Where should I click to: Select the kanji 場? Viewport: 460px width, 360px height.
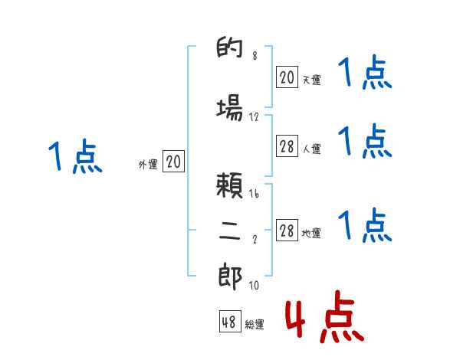pyautogui.click(x=229, y=109)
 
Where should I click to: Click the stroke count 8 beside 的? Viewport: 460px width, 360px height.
pyautogui.click(x=254, y=56)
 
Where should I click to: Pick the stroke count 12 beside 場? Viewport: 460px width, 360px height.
pyautogui.click(x=254, y=116)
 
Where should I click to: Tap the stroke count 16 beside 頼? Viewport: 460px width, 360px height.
pyautogui.click(x=254, y=195)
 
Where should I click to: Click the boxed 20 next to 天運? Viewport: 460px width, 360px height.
pyautogui.click(x=287, y=77)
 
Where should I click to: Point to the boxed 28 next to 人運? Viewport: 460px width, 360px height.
pyautogui.click(x=287, y=147)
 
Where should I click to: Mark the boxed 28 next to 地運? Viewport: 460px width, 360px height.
pyautogui.click(x=287, y=231)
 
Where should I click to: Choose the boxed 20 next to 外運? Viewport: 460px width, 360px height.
pyautogui.click(x=173, y=162)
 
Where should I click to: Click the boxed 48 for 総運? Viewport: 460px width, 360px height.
pyautogui.click(x=229, y=322)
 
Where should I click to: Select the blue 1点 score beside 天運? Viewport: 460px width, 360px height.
pyautogui.click(x=365, y=74)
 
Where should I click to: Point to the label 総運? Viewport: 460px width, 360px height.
pyautogui.click(x=255, y=325)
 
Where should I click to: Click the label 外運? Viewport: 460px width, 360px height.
pyautogui.click(x=147, y=164)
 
